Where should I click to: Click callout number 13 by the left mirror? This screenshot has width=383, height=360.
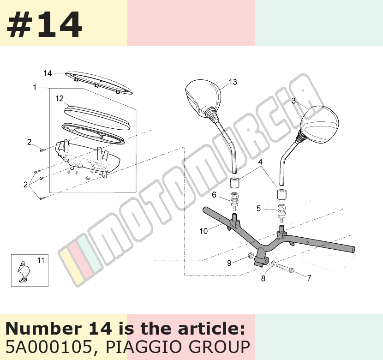233,82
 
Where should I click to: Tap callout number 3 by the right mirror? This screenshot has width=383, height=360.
293,101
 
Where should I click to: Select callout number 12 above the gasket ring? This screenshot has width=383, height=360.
60,98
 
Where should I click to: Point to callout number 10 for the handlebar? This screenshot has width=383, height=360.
203,231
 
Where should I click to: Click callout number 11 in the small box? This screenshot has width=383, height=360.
41,261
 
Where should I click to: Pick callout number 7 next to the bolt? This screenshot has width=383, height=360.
309,278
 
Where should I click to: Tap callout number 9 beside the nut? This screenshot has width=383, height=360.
229,263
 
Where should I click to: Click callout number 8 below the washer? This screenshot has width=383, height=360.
263,278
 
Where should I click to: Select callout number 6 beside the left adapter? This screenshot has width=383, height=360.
214,195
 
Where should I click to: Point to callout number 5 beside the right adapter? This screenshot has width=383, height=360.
259,208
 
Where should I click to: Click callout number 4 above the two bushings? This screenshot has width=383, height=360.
260,162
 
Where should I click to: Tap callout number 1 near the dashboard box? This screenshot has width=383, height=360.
35,87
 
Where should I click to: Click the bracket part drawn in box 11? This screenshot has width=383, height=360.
24,271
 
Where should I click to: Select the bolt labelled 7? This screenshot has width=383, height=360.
285,269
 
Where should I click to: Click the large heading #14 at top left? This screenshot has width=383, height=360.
44,24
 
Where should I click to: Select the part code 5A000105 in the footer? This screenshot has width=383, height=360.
48,347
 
